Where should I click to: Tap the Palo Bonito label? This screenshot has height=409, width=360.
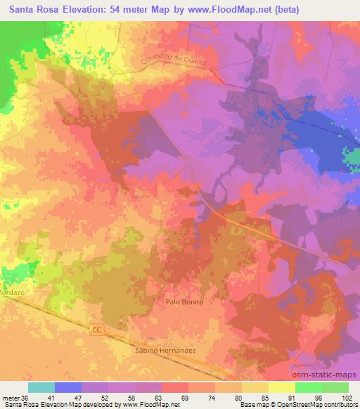tap(184, 301)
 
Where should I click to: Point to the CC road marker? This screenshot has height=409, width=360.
tap(97, 328)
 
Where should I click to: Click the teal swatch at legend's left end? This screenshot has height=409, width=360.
tap(41, 387)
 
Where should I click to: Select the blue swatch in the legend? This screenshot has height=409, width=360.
tap(68, 387)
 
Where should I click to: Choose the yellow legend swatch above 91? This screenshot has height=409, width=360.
tap(282, 387)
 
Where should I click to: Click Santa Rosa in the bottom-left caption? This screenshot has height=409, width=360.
tap(19, 405)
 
